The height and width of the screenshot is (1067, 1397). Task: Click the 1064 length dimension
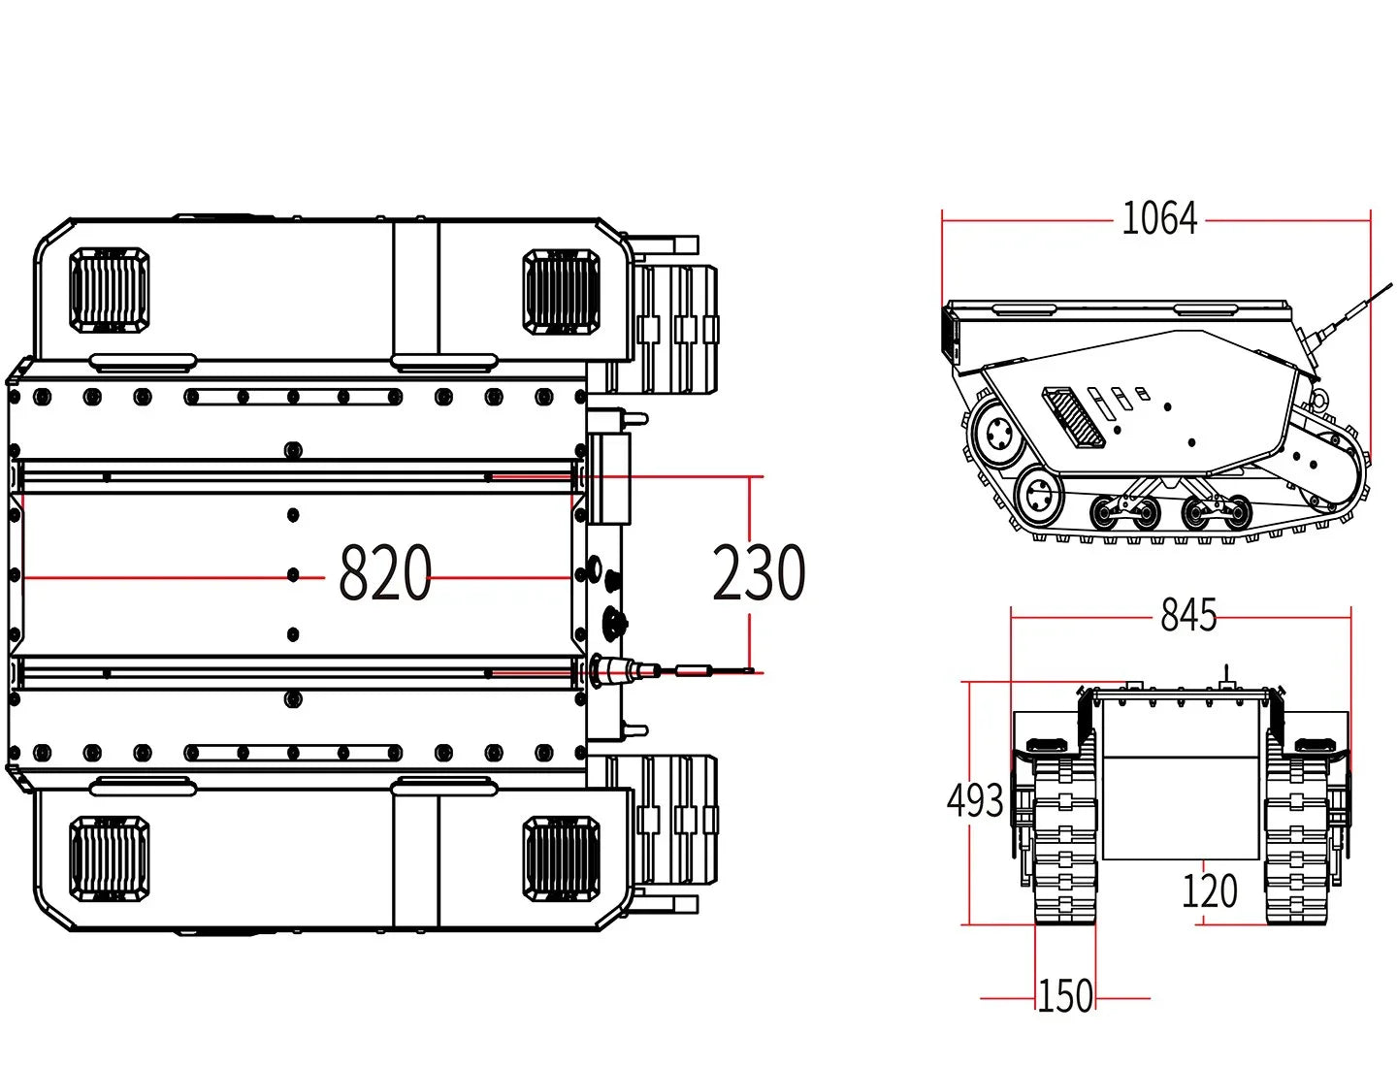pyautogui.click(x=1159, y=219)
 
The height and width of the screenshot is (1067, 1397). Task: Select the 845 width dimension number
pyautogui.click(x=1188, y=615)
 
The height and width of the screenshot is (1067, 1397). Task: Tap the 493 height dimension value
pyautogui.click(x=975, y=801)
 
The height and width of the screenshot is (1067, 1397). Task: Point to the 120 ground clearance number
pyautogui.click(x=1209, y=890)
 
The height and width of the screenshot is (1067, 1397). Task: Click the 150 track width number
pyautogui.click(x=1065, y=996)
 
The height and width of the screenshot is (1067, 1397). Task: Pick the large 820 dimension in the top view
pyautogui.click(x=384, y=574)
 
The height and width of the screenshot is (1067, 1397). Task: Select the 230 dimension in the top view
pyautogui.click(x=759, y=574)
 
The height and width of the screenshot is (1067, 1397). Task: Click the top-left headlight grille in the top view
pyautogui.click(x=110, y=290)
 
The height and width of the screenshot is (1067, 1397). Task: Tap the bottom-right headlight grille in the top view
pyautogui.click(x=561, y=857)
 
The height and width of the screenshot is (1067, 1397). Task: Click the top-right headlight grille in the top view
pyautogui.click(x=561, y=290)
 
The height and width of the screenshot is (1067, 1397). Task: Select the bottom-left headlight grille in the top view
pyautogui.click(x=110, y=857)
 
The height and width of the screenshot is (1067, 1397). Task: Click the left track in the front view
pyautogui.click(x=1064, y=839)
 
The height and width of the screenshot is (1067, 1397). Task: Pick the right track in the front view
pyautogui.click(x=1295, y=839)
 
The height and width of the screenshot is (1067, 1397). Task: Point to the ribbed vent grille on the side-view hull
pyautogui.click(x=1073, y=416)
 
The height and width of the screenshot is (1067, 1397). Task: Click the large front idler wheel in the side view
pyautogui.click(x=996, y=434)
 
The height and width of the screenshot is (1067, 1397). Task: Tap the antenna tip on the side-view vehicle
pyautogui.click(x=1389, y=284)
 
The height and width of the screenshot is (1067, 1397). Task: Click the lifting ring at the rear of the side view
pyautogui.click(x=1318, y=398)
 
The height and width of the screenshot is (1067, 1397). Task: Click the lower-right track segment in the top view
pyautogui.click(x=679, y=820)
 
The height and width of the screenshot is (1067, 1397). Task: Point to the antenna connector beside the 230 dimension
pyautogui.click(x=621, y=669)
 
